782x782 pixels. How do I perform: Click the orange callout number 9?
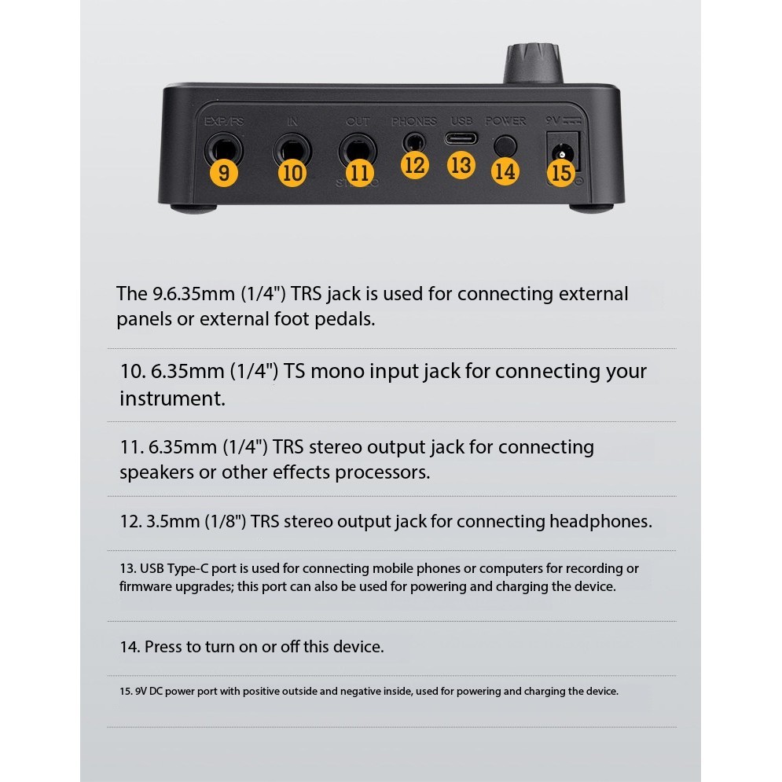(x=224, y=173)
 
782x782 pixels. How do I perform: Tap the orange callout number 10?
(x=292, y=173)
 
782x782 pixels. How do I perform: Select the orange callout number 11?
(x=360, y=173)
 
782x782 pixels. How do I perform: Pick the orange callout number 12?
(x=414, y=165)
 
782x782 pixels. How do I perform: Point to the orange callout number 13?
(x=461, y=165)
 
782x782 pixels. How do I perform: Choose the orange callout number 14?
(x=505, y=171)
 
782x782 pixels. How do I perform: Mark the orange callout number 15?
(x=561, y=173)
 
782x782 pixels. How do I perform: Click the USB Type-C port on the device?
(x=461, y=138)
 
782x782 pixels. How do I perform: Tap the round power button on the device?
(x=505, y=146)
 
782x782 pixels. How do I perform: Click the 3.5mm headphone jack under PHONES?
(x=414, y=142)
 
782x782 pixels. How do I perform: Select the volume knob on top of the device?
(x=533, y=64)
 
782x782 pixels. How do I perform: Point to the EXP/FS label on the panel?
(x=224, y=121)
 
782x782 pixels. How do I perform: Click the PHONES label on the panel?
(x=414, y=121)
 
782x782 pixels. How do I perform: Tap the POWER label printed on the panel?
(x=505, y=121)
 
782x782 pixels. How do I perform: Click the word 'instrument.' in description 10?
(x=173, y=398)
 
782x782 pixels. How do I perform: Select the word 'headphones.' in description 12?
(x=600, y=522)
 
